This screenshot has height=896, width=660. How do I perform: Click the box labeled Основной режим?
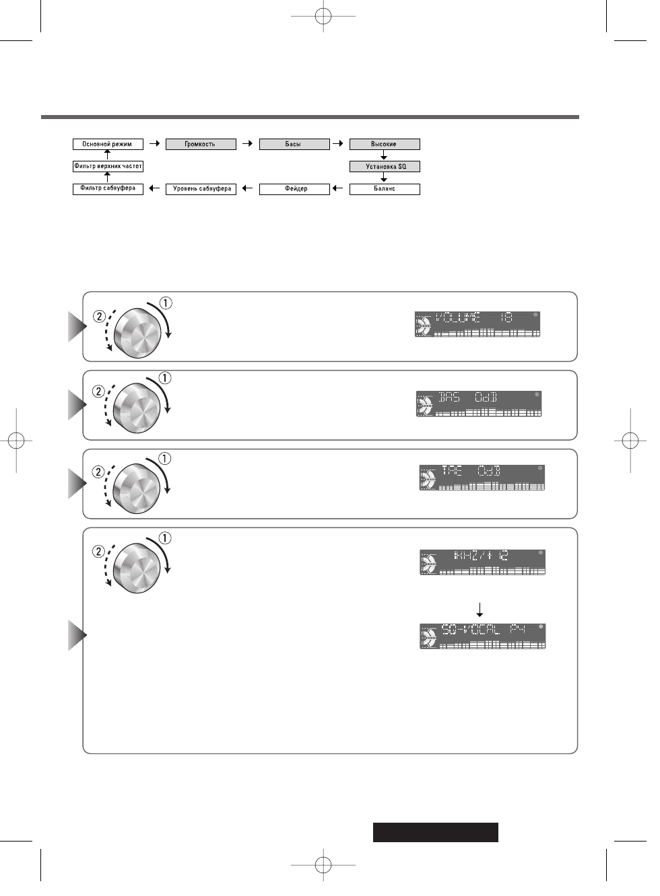[x=108, y=144]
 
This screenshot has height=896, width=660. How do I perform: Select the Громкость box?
[x=201, y=144]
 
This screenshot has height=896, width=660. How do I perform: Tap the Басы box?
[x=294, y=144]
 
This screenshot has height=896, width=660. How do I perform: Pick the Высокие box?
[x=384, y=144]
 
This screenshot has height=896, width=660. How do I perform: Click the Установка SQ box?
[x=385, y=166]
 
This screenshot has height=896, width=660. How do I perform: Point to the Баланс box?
[x=385, y=189]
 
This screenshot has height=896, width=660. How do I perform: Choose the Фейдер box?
[x=294, y=189]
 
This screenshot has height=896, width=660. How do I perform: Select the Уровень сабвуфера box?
[x=201, y=189]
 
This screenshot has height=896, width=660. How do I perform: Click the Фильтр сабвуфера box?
[x=108, y=188]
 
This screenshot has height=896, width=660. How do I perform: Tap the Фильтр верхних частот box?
[x=108, y=166]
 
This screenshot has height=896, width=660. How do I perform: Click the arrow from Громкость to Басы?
[x=247, y=144]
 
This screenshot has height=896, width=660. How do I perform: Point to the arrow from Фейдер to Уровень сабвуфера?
[x=247, y=189]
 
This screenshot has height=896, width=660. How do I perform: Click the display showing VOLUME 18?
[x=477, y=324]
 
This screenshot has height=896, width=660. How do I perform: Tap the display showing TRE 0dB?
[x=482, y=477]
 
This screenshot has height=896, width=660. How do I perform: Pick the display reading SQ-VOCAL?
[x=482, y=636]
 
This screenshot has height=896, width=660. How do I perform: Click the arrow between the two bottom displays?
[x=480, y=609]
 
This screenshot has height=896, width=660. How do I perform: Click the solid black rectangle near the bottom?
[x=436, y=832]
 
